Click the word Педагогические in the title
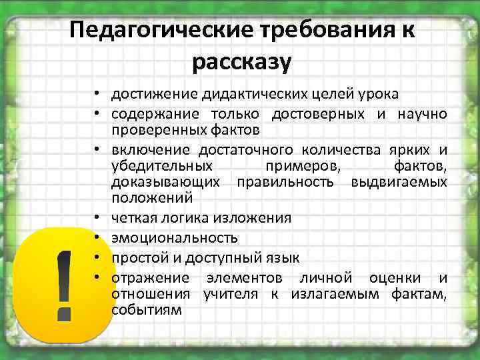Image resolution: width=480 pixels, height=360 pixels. tap(155, 31)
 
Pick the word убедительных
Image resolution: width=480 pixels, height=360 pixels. tap(163, 165)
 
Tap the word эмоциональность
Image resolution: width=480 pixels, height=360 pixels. tap(174, 238)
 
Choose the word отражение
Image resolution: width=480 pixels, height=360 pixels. tap(150, 278)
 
